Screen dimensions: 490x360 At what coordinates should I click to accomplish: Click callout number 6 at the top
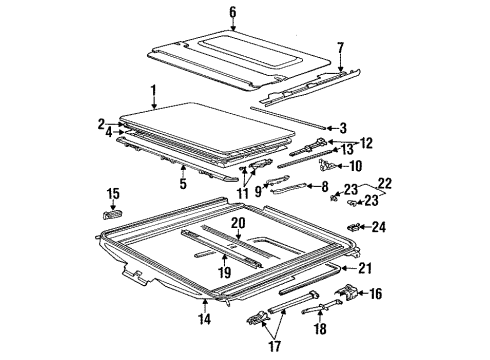click(232, 12)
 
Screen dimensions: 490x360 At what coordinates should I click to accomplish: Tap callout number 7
click(340, 48)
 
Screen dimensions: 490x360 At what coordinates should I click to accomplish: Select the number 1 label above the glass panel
click(153, 91)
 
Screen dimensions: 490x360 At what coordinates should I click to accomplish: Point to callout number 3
click(343, 128)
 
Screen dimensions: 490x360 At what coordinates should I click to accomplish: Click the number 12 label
click(366, 143)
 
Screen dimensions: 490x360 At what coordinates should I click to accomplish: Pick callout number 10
click(355, 166)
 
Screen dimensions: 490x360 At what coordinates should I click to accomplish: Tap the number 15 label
click(113, 193)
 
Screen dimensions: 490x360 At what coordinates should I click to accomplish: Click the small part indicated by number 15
click(112, 215)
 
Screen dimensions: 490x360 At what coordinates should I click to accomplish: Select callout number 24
click(379, 227)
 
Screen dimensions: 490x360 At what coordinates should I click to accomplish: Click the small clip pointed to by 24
click(353, 227)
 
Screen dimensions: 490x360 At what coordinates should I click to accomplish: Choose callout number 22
click(385, 184)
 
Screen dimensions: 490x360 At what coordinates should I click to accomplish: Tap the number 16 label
click(375, 294)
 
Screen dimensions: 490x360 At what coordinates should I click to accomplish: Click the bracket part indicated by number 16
click(347, 292)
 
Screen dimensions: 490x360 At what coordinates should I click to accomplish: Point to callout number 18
click(320, 328)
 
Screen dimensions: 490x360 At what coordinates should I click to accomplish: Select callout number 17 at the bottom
click(275, 346)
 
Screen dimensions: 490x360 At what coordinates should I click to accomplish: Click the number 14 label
click(205, 319)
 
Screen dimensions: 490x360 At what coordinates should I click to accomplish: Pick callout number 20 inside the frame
click(238, 223)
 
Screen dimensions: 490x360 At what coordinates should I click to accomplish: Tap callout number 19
click(225, 272)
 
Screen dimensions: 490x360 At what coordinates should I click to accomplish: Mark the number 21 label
click(365, 268)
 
